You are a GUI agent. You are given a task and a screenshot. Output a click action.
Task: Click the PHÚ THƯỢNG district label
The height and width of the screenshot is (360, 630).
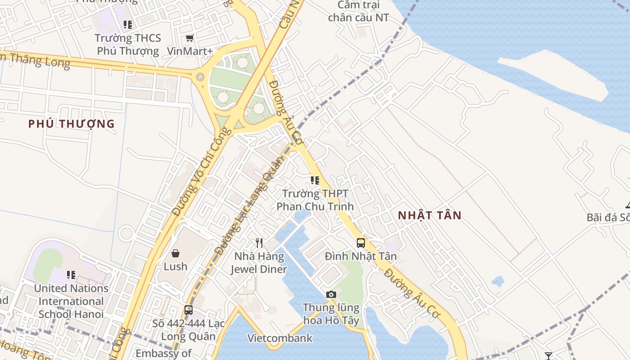(72, 124)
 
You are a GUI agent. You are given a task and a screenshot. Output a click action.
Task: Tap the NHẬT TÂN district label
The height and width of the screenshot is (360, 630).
(430, 216)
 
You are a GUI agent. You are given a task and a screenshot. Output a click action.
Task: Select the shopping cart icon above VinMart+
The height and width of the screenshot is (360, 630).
(190, 38)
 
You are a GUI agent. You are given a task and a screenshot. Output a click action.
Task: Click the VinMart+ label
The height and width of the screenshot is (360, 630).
(189, 51)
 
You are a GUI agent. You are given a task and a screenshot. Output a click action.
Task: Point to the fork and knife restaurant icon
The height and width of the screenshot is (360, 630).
(259, 243)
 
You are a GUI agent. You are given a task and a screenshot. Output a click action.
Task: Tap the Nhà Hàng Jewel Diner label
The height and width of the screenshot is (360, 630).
(259, 263)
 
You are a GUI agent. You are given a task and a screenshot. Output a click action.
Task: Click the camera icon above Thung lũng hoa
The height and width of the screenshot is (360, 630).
(331, 294)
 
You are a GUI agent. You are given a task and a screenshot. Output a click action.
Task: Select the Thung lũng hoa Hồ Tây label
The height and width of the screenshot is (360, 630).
(331, 314)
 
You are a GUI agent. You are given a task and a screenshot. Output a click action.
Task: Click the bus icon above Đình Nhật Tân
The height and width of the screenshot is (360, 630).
(361, 243)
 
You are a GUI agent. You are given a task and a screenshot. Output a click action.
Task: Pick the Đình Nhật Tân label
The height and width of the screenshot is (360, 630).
(361, 256)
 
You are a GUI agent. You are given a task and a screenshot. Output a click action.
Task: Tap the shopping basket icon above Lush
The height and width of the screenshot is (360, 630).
(175, 253)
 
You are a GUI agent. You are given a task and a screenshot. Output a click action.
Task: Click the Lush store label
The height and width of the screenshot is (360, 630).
(175, 266)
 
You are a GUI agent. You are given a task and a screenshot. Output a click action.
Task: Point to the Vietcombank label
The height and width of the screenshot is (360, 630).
(280, 338)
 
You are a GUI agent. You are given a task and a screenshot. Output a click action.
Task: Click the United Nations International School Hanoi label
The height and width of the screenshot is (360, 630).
(71, 301)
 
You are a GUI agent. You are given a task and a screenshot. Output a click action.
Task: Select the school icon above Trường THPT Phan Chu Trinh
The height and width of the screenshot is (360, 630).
(315, 180)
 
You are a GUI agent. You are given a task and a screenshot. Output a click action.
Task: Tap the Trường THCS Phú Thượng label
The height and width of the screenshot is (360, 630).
(128, 44)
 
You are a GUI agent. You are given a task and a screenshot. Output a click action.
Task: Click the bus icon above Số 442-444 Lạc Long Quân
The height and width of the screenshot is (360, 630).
(189, 310)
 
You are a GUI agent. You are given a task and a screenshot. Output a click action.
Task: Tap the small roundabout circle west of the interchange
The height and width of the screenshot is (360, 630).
(200, 77)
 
